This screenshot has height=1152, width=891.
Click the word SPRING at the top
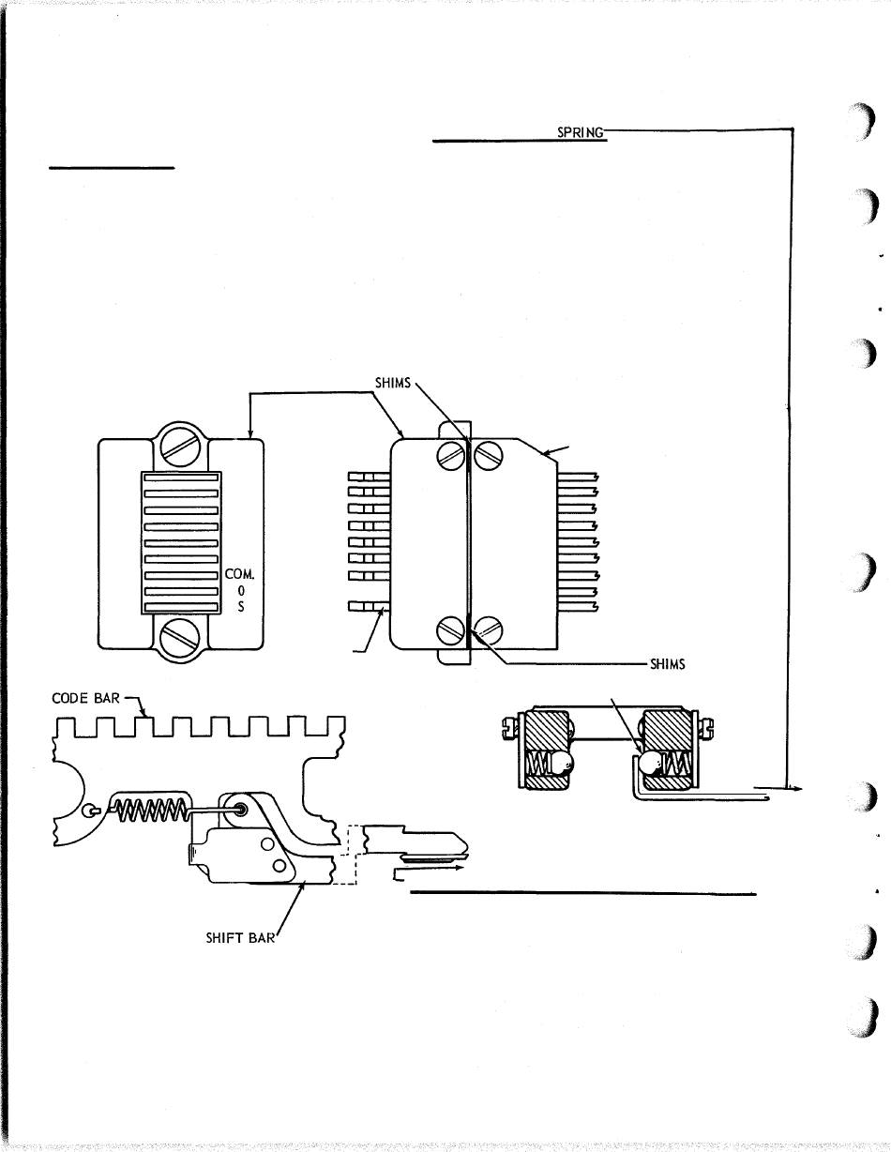(x=581, y=132)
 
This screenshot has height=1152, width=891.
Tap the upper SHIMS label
(x=393, y=383)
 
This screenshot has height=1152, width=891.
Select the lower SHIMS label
(x=668, y=664)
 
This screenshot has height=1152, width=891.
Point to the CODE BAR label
(x=86, y=698)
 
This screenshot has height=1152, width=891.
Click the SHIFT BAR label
(x=240, y=938)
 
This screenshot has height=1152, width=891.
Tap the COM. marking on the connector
(x=239, y=574)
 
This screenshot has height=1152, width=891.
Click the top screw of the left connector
(x=180, y=443)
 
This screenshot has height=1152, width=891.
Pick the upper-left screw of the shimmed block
(x=451, y=454)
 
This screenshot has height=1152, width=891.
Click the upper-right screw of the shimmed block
(x=488, y=454)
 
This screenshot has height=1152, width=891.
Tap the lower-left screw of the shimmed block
(x=451, y=629)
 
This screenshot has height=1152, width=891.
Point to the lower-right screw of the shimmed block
(x=488, y=629)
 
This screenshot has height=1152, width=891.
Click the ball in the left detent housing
(x=563, y=764)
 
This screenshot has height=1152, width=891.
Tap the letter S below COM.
(x=241, y=607)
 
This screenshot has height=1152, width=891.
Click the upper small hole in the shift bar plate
(x=267, y=843)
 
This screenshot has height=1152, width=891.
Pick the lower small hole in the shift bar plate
(x=279, y=866)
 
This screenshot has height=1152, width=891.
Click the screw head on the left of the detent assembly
(x=510, y=726)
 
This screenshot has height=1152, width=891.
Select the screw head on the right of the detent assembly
(x=706, y=726)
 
